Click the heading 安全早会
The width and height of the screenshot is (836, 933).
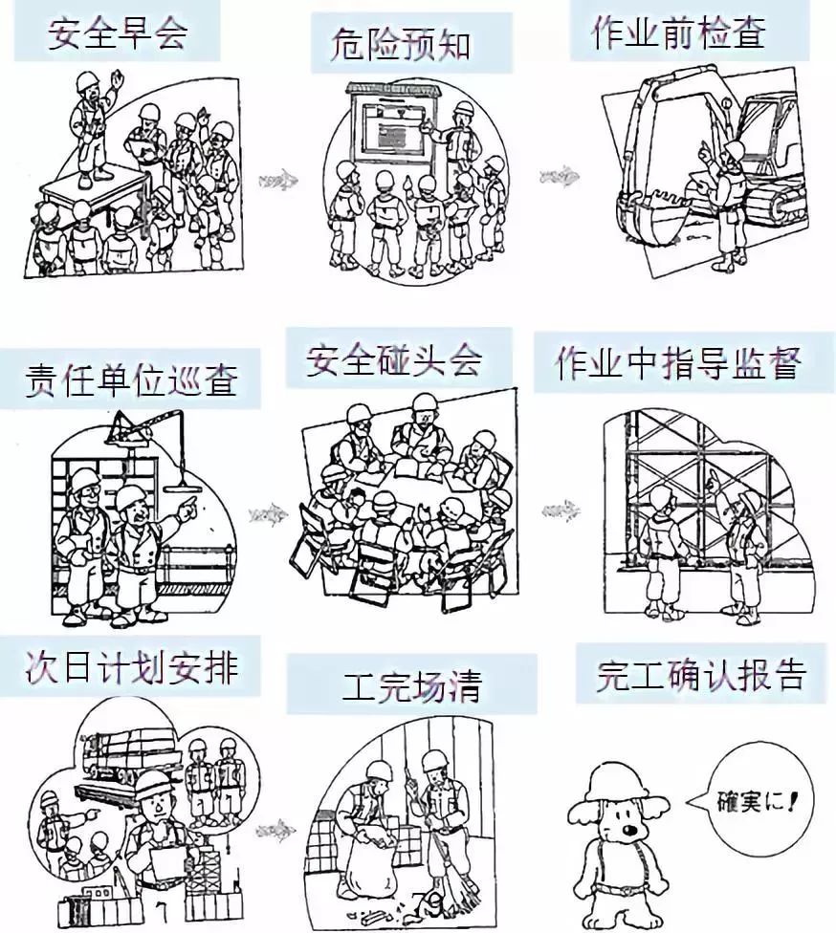click(x=118, y=33)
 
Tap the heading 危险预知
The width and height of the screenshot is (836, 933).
click(x=402, y=44)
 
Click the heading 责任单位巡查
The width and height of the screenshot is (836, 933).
click(x=131, y=380)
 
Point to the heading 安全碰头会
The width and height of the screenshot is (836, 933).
click(x=394, y=361)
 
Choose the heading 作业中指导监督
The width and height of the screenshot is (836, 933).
click(x=678, y=364)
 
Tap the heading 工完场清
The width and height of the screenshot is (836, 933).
click(x=413, y=685)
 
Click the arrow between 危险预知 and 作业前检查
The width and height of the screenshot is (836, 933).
click(x=558, y=175)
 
